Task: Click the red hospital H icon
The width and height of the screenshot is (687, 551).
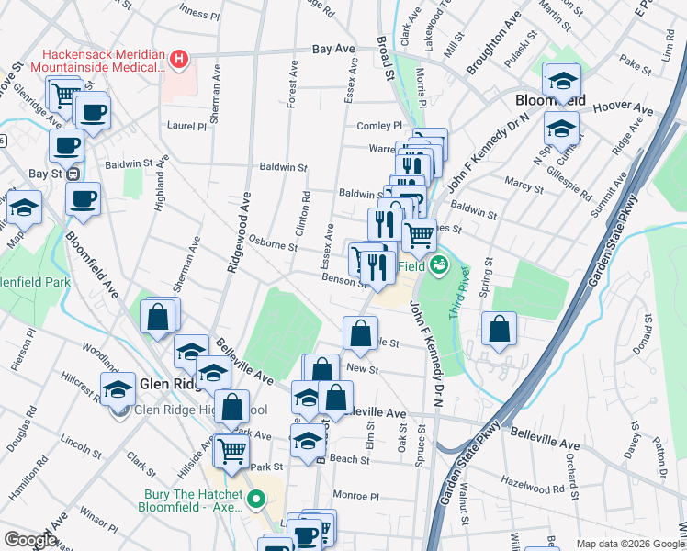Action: [179, 61]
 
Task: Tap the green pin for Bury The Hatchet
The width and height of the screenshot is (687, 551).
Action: [256, 500]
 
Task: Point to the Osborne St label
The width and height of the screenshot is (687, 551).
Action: [273, 245]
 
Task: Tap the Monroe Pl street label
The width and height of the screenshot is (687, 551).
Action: [356, 494]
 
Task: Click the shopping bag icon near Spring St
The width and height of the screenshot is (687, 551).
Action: [498, 331]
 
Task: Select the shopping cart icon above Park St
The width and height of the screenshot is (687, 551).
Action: [231, 449]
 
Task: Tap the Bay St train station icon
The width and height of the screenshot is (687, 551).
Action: [71, 174]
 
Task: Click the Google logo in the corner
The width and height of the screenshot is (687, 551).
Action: [31, 539]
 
